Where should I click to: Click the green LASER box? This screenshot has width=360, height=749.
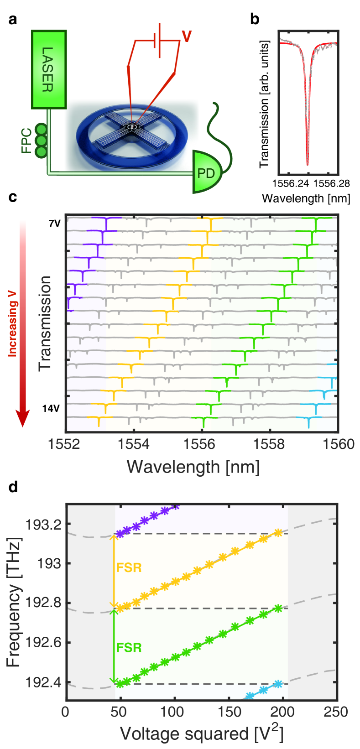(x=49, y=69)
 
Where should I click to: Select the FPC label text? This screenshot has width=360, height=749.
(x=26, y=141)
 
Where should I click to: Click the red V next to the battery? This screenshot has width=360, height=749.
(x=186, y=36)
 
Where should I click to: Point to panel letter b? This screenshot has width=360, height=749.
(x=255, y=20)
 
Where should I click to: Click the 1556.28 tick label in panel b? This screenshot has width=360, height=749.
(x=332, y=183)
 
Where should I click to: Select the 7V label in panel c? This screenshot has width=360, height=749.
(x=54, y=224)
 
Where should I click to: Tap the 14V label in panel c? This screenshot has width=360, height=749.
(x=51, y=408)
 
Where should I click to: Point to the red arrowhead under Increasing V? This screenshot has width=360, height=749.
(x=22, y=417)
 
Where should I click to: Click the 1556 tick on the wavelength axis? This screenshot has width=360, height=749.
(x=201, y=444)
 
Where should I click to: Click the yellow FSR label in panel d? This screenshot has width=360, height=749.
(x=129, y=568)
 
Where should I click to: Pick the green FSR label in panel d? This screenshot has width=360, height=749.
(x=129, y=648)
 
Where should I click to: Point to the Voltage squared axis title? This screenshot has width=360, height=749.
(x=201, y=733)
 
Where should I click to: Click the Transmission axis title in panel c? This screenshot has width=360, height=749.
(x=46, y=323)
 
